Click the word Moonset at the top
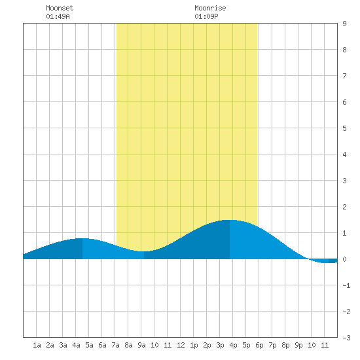(x=60, y=8)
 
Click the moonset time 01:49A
(x=58, y=16)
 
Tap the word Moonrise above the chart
(x=210, y=8)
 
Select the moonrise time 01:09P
(x=206, y=16)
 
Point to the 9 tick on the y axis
(x=344, y=24)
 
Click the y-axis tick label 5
(x=344, y=128)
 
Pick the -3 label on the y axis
(x=346, y=338)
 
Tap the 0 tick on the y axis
(x=344, y=259)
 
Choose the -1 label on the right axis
(x=346, y=285)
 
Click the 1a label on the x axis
(x=37, y=345)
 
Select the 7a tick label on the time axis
(x=115, y=345)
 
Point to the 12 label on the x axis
(x=181, y=345)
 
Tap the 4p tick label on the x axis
(x=233, y=345)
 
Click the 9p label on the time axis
(x=298, y=345)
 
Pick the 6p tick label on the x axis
(x=259, y=345)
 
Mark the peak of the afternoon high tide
(x=230, y=220)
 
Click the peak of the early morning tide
(x=82, y=238)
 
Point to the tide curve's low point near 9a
(x=144, y=251)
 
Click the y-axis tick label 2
(x=344, y=207)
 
